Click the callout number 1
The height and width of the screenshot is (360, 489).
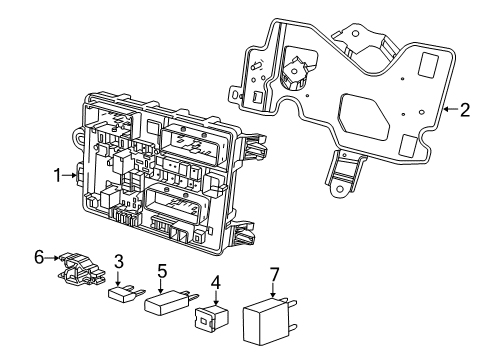[58, 174]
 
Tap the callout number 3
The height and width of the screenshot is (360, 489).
[118, 261]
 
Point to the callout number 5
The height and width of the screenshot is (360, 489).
[162, 270]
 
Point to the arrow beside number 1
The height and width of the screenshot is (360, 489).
[73, 174]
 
